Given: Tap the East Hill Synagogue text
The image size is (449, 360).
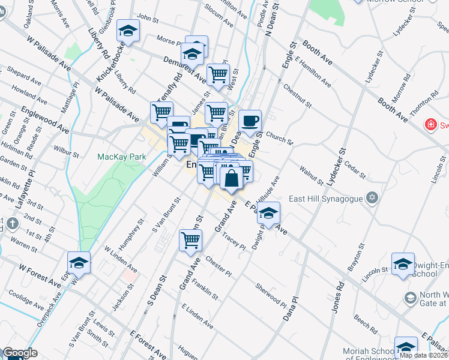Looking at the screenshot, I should pos(325,198).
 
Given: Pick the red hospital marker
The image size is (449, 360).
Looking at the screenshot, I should pos(430,125).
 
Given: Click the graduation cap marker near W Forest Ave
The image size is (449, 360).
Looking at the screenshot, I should pos(79,262).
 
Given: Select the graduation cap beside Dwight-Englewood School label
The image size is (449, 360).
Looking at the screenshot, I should pos(403,264).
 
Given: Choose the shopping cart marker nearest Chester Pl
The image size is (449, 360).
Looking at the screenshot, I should pos(191,240).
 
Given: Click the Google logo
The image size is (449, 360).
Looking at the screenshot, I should pos(20,353).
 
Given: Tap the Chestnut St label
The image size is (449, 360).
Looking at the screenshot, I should pos(298,96).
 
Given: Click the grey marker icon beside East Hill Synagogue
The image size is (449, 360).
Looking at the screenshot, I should pos(373,197).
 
